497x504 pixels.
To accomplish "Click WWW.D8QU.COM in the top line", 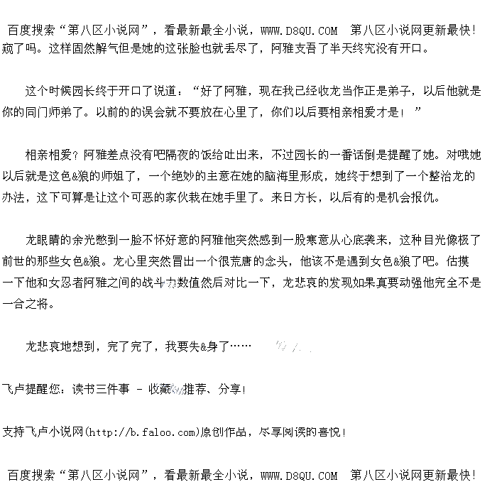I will click(298, 31).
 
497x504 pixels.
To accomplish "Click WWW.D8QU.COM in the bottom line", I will click(298, 476).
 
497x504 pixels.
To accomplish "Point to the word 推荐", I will click(197, 389).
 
